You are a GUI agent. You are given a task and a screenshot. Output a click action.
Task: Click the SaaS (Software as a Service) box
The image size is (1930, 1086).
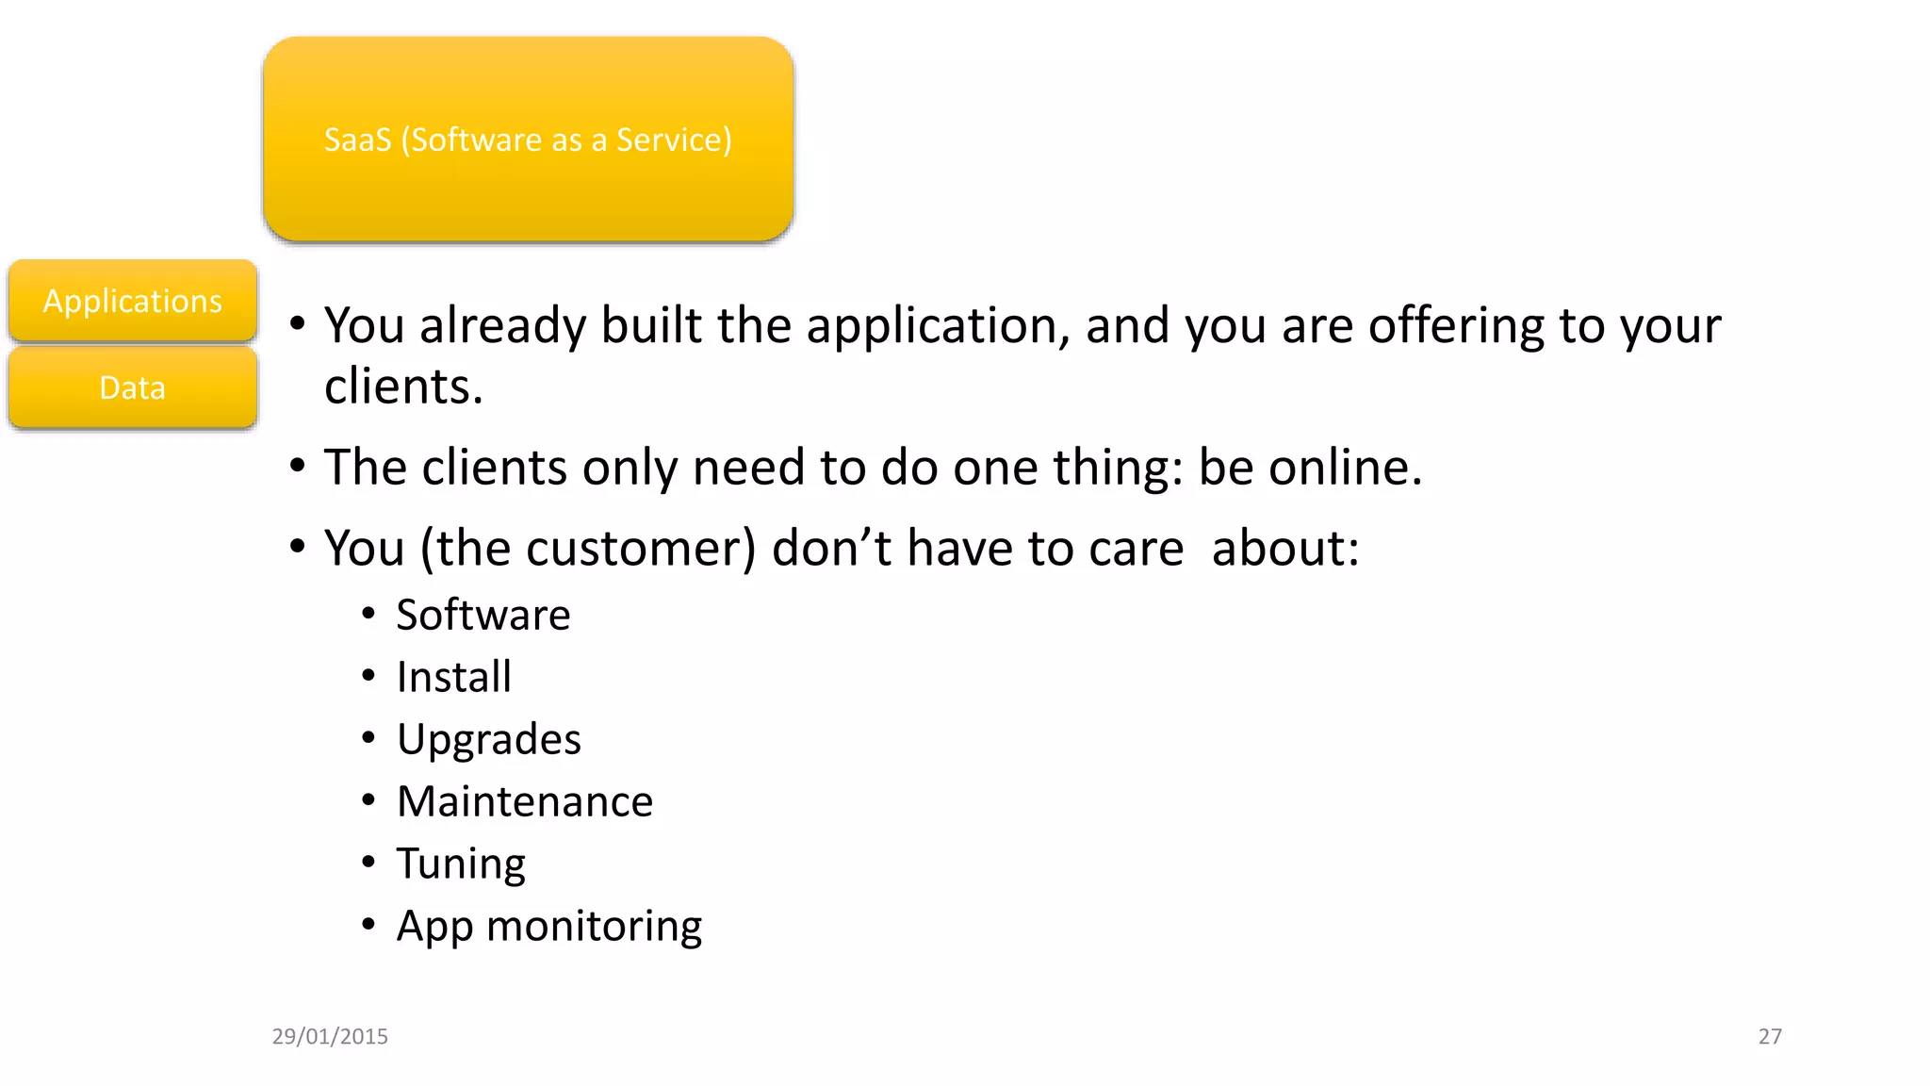[528, 140]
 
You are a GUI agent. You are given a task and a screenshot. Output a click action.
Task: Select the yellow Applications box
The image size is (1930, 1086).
[133, 301]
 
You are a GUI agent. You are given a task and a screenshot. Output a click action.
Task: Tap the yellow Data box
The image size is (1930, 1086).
[133, 387]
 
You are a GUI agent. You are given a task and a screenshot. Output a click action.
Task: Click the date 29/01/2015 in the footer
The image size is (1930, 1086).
[330, 1036]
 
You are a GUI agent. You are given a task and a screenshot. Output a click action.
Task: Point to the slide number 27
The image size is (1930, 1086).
[1770, 1036]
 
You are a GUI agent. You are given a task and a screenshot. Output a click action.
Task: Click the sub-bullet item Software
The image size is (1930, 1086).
[483, 615]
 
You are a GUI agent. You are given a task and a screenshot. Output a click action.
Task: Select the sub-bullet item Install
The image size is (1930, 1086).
[454, 677]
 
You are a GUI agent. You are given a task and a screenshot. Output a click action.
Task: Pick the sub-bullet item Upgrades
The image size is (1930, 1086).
[489, 740]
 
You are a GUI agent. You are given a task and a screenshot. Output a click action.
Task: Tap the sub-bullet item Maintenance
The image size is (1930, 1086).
[525, 801]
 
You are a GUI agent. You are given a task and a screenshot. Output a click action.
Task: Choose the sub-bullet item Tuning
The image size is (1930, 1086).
[461, 864]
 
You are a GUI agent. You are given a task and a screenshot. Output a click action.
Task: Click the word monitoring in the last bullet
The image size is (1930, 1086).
[594, 927]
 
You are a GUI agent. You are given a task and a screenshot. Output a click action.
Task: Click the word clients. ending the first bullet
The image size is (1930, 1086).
[403, 387]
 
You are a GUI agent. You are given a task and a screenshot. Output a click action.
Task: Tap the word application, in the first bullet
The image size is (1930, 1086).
[939, 326]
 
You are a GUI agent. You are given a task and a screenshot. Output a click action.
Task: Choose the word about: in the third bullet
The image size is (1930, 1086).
[1285, 548]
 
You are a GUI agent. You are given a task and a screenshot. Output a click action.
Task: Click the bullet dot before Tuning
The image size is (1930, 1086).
[368, 862]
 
